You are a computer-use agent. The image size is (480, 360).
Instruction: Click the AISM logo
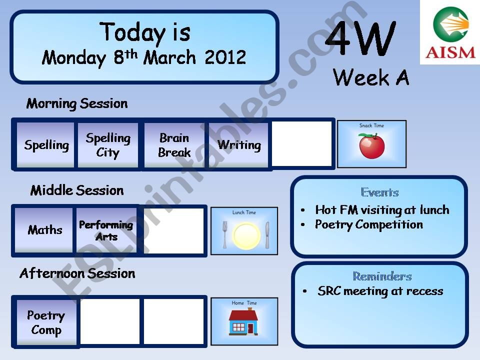tap(449, 32)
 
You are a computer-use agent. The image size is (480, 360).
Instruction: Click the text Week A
tap(371, 77)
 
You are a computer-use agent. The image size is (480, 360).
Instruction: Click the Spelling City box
tap(108, 145)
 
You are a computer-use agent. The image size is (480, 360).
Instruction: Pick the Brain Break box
tap(174, 145)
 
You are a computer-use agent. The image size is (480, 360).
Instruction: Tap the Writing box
tap(239, 145)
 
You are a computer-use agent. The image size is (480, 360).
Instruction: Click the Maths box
tap(45, 230)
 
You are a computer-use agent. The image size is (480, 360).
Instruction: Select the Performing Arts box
tap(106, 230)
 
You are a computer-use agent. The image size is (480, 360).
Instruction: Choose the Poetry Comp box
tap(46, 322)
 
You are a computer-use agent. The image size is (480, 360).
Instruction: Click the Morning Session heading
tap(77, 104)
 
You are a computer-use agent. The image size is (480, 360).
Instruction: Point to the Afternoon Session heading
tap(77, 273)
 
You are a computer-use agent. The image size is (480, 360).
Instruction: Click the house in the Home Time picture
tap(244, 322)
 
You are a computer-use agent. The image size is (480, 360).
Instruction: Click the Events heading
tap(379, 192)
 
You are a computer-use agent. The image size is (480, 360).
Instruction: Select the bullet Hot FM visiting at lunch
tap(382, 210)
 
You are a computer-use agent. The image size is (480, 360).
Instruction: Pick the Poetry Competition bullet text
tap(369, 225)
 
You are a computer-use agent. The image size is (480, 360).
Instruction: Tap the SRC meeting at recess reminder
tap(380, 291)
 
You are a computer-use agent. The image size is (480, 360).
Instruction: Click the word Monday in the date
tap(74, 58)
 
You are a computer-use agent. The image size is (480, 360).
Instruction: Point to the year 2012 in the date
tap(225, 58)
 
